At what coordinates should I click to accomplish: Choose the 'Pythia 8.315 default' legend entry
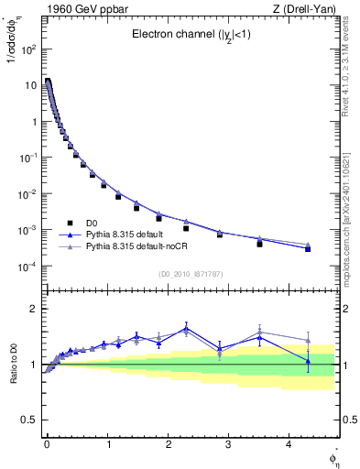[130, 234]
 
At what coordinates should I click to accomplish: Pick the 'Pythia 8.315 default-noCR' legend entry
[141, 246]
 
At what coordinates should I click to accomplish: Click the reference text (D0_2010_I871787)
[190, 274]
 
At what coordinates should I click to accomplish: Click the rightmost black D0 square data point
[308, 249]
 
